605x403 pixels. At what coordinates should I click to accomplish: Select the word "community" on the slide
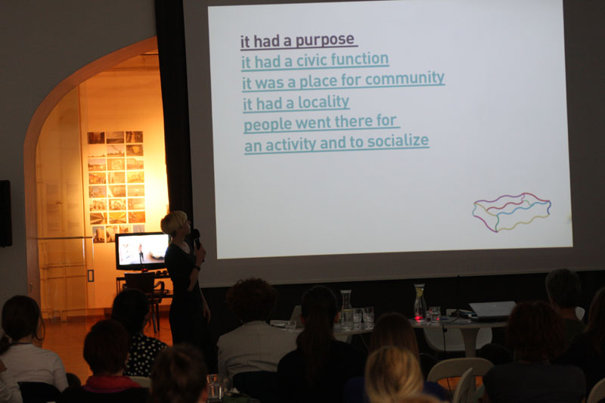(x=405, y=79)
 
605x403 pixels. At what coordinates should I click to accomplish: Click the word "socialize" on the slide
(x=398, y=141)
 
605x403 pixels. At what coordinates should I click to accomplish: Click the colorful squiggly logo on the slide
(x=512, y=212)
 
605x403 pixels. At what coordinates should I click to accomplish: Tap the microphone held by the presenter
(x=197, y=237)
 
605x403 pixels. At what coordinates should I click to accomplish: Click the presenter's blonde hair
(x=173, y=222)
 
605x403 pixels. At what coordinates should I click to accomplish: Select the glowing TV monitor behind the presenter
(x=142, y=252)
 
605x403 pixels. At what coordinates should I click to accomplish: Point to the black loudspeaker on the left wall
(x=5, y=213)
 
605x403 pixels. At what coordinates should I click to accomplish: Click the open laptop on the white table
(x=492, y=310)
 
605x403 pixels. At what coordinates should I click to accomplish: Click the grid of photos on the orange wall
(x=116, y=186)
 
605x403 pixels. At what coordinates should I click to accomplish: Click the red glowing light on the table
(x=417, y=318)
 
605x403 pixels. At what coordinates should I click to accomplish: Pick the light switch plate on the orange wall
(x=91, y=276)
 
